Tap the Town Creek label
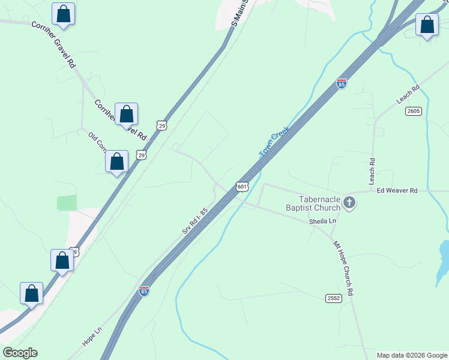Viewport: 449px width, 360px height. [274, 142]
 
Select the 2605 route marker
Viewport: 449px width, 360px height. [413, 111]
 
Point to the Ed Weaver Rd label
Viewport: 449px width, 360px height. [396, 190]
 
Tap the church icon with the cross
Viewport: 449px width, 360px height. [350, 204]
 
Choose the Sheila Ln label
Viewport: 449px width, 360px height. [323, 221]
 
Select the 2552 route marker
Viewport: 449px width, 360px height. [334, 298]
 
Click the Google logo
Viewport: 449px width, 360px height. [20, 353]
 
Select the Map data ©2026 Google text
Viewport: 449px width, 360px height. [412, 355]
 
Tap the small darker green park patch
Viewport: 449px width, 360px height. [67, 203]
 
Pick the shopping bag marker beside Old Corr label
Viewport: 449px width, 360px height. [116, 161]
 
